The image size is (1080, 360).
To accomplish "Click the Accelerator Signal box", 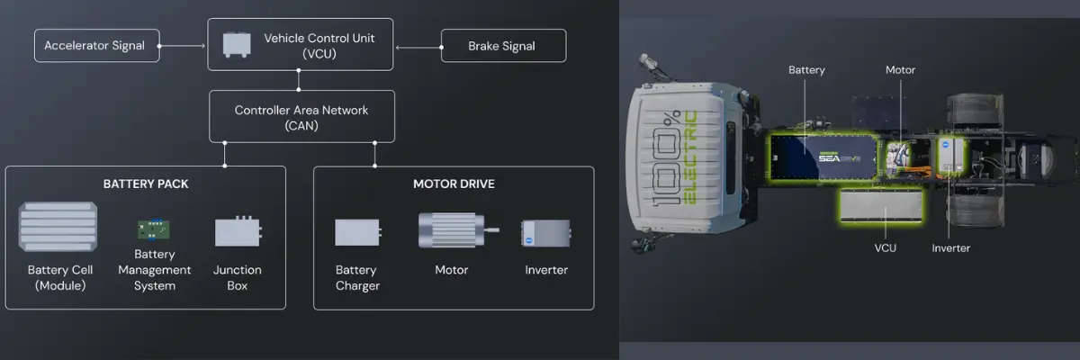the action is click(x=97, y=45).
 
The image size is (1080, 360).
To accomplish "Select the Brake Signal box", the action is click(x=503, y=46).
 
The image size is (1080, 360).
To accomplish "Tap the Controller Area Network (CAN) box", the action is click(x=301, y=117).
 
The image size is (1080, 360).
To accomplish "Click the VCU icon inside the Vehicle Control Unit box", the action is click(x=237, y=45).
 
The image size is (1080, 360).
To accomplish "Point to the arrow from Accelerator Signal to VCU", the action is click(x=182, y=46).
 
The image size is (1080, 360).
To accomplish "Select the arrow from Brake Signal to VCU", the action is click(x=419, y=47).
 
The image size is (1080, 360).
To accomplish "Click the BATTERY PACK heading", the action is click(x=146, y=184).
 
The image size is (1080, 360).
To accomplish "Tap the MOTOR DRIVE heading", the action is click(x=454, y=184).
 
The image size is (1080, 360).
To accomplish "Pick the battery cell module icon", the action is click(x=58, y=227).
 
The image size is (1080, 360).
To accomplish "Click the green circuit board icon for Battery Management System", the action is click(x=153, y=229).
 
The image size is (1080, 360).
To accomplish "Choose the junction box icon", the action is click(x=238, y=231).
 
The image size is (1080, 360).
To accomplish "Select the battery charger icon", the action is click(x=358, y=232).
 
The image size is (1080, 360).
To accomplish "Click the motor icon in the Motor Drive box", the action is click(x=458, y=230).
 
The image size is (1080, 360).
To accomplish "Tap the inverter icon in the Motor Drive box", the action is click(x=545, y=233).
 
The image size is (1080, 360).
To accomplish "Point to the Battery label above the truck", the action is click(x=806, y=70).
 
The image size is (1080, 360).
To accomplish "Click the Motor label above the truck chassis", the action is click(x=900, y=70).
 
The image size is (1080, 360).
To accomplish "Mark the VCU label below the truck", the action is click(x=886, y=248).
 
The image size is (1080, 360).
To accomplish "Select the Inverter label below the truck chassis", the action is click(x=950, y=248).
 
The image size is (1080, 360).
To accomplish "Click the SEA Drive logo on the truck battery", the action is click(x=840, y=157).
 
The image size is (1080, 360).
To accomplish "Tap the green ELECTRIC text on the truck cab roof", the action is click(x=690, y=157).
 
